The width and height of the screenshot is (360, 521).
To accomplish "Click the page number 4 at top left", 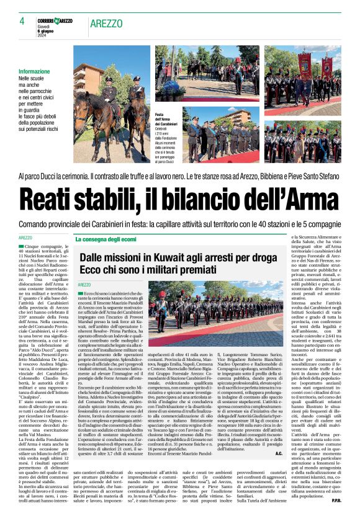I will pyautogui.click(x=21, y=21).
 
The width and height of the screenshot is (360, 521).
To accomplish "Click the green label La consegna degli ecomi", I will pyautogui.click(x=106, y=239).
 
